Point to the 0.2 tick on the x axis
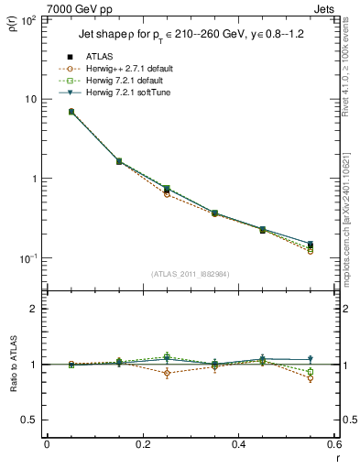pyautogui.click(x=143, y=444)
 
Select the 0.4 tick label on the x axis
pyautogui.click(x=239, y=444)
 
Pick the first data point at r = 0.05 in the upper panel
pyautogui.click(x=71, y=112)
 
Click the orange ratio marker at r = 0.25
pyautogui.click(x=167, y=373)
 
